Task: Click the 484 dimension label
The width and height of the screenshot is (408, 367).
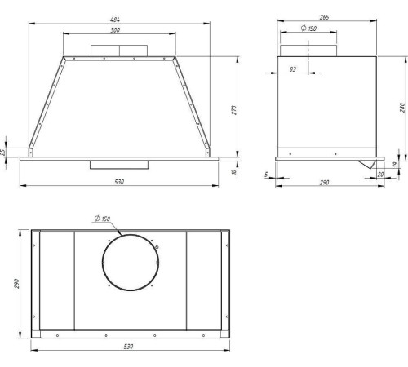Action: click(x=115, y=20)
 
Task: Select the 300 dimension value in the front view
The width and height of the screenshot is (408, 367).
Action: click(x=115, y=30)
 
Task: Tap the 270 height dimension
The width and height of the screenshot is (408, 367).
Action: click(x=234, y=110)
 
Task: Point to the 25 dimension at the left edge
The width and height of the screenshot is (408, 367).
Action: click(x=3, y=152)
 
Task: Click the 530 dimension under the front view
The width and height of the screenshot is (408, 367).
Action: click(x=119, y=182)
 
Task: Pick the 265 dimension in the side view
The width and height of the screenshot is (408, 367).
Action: click(x=324, y=17)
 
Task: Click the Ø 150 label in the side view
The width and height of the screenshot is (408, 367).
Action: click(x=308, y=28)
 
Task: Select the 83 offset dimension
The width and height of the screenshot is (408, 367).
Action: click(x=293, y=69)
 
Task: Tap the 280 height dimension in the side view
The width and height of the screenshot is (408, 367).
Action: click(x=403, y=108)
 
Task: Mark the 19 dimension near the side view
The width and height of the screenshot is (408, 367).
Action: click(x=396, y=164)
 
